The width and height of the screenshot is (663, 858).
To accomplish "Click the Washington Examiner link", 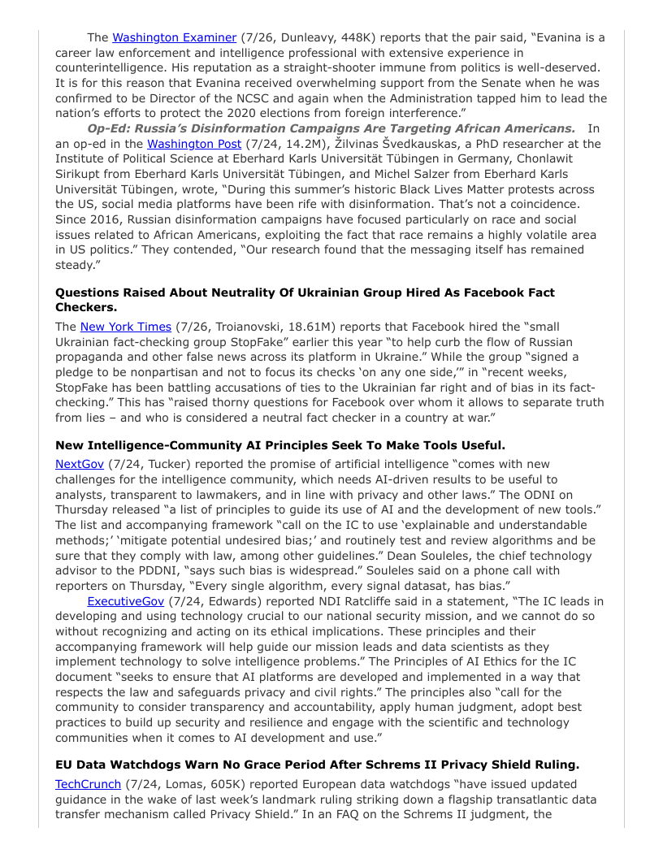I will click(x=174, y=37).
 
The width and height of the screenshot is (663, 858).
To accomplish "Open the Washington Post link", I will click(x=193, y=144).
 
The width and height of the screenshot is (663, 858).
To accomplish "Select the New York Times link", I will click(x=126, y=327).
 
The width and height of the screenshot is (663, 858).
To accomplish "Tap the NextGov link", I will click(x=76, y=464).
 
